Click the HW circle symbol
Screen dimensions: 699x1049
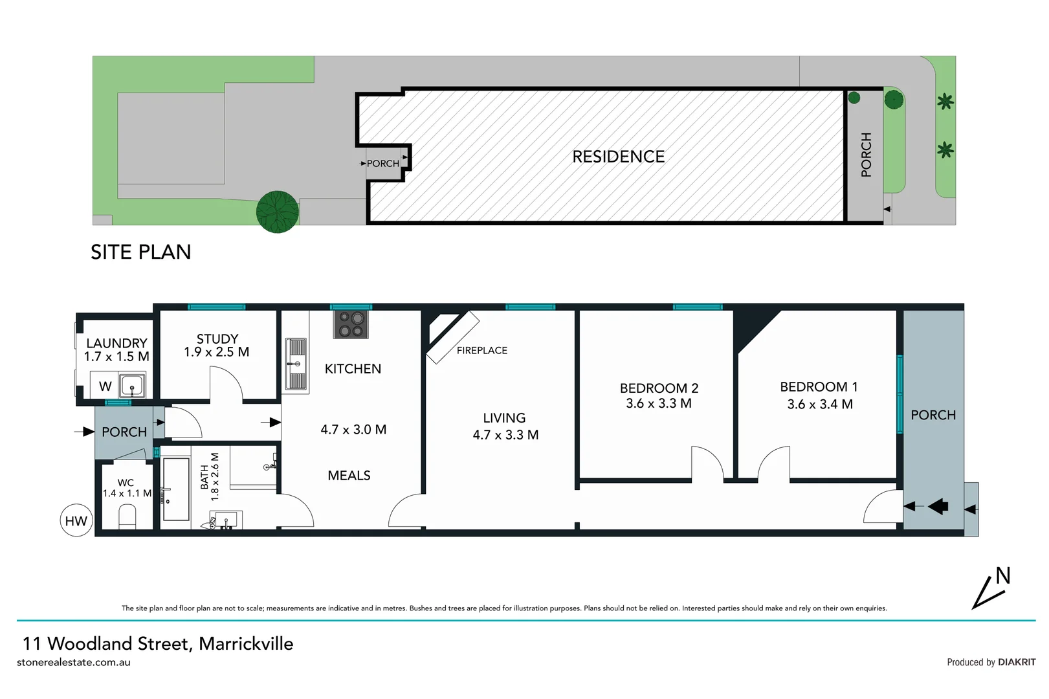[x=76, y=520]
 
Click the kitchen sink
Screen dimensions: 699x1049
[x=296, y=364]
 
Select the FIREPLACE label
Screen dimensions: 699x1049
[x=481, y=350]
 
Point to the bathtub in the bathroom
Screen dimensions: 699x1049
[x=175, y=489]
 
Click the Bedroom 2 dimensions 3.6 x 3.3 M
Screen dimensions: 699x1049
[x=658, y=403]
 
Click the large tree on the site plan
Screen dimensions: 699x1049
[x=277, y=212]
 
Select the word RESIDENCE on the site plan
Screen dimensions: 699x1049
[x=618, y=157]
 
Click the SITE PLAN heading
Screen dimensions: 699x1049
[x=140, y=252]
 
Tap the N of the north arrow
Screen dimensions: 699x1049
[x=1002, y=575]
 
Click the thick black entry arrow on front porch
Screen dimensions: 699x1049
[x=938, y=506]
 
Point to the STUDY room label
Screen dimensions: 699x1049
[x=217, y=338]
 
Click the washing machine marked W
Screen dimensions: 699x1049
[x=105, y=386]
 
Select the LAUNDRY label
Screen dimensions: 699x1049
[x=116, y=343]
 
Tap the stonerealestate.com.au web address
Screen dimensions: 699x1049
[x=74, y=662]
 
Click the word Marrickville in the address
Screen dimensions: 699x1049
[x=246, y=643]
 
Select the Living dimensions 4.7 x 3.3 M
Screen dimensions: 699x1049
[x=505, y=435]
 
